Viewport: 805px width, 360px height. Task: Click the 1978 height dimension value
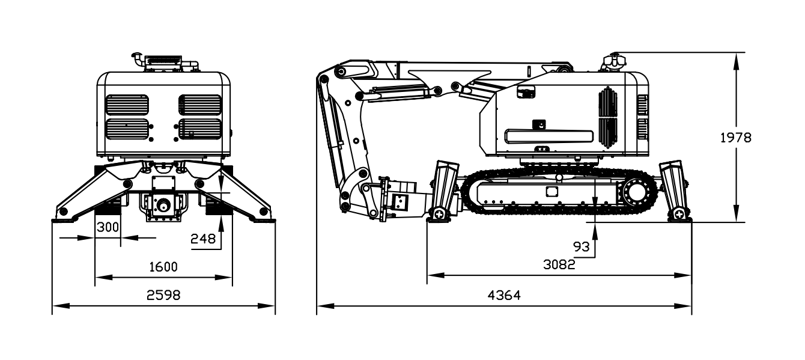(735, 137)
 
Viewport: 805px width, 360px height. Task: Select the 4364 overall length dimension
(503, 295)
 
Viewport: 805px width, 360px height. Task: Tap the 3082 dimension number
(559, 264)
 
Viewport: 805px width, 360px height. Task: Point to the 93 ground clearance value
(581, 246)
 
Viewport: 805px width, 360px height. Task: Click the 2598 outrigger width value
(163, 295)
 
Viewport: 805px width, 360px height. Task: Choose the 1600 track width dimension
(163, 267)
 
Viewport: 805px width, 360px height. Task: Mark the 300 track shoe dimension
(108, 227)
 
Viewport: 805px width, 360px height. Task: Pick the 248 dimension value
(203, 239)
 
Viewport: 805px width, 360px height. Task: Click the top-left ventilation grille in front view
(127, 105)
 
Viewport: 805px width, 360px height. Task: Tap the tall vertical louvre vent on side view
(607, 117)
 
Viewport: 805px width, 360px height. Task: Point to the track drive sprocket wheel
(635, 194)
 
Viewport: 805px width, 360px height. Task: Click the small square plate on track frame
(551, 192)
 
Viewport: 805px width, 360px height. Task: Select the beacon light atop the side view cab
(614, 61)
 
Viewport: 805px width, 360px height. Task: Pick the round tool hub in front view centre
(163, 205)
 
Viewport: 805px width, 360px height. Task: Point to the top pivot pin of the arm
(342, 72)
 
